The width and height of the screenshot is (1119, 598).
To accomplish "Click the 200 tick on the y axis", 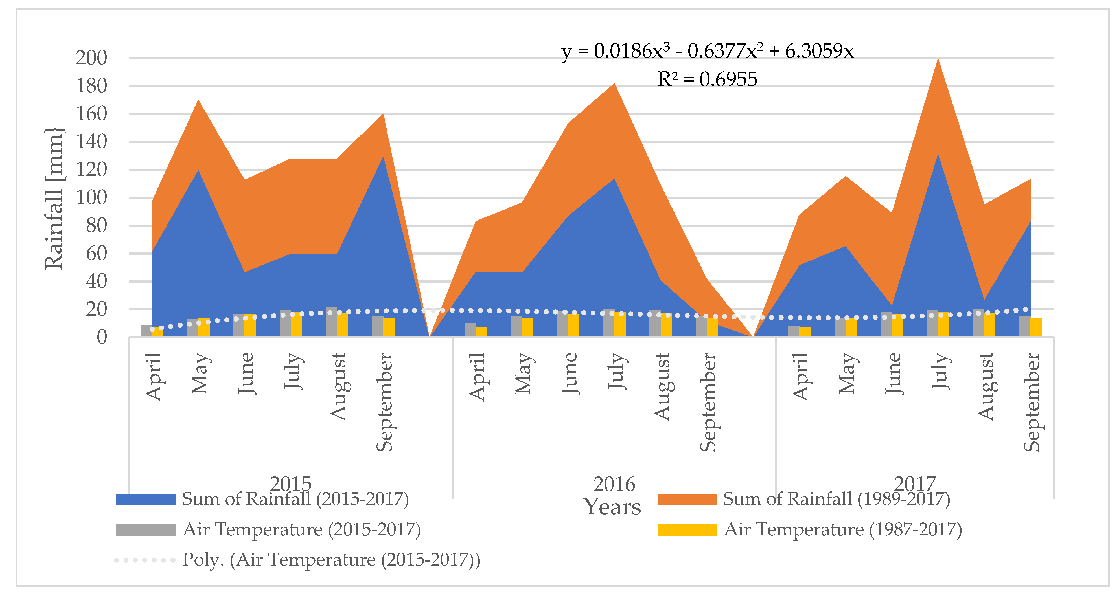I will (x=91, y=58).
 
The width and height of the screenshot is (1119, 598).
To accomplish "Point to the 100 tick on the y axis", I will (x=91, y=198).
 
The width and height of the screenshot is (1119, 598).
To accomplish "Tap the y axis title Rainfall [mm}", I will (x=54, y=199).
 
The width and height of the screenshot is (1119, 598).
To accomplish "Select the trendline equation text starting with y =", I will (x=707, y=51).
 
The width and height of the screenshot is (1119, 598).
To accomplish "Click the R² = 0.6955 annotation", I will (x=707, y=80).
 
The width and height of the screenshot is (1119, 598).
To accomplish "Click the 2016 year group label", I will (x=614, y=484).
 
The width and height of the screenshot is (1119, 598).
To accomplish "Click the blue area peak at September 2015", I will (x=383, y=159).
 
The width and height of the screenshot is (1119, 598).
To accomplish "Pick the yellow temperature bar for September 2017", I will (x=1035, y=327).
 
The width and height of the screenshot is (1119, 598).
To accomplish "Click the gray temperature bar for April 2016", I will (x=470, y=330).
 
